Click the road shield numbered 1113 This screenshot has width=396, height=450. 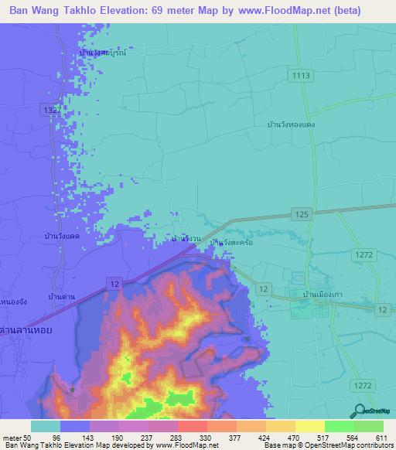[302, 75]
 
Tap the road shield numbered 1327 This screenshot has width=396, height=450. [52, 111]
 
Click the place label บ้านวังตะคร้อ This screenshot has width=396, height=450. [232, 242]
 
